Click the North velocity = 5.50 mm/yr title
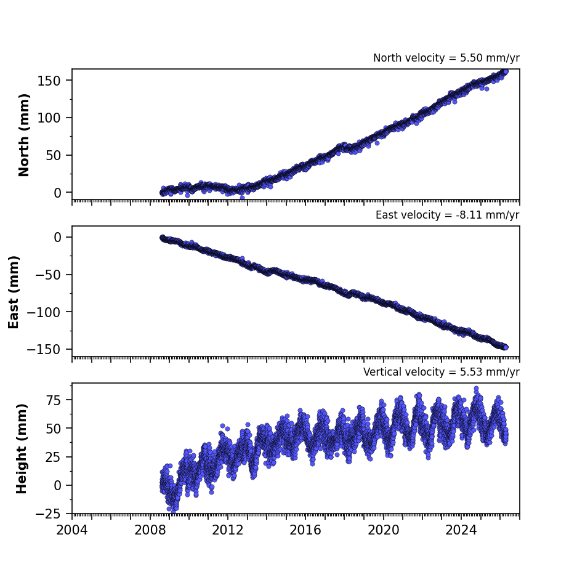point(446,58)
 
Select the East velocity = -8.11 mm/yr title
point(448,215)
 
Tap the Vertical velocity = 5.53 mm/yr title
point(441,372)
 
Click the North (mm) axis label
point(23,135)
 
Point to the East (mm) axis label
point(14,292)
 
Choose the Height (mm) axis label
point(22,448)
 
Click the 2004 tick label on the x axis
point(72,530)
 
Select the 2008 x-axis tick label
point(150,530)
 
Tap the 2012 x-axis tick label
point(228,530)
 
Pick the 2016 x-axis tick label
point(305,530)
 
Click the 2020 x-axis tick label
point(384,530)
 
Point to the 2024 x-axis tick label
point(461,530)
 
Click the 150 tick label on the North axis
point(49,81)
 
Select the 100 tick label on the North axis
point(49,118)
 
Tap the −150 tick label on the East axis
point(44,350)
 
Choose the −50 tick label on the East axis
point(48,275)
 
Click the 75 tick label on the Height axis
point(53,400)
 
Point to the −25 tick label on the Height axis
point(48,514)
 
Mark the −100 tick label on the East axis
point(44,312)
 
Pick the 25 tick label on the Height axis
point(53,457)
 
